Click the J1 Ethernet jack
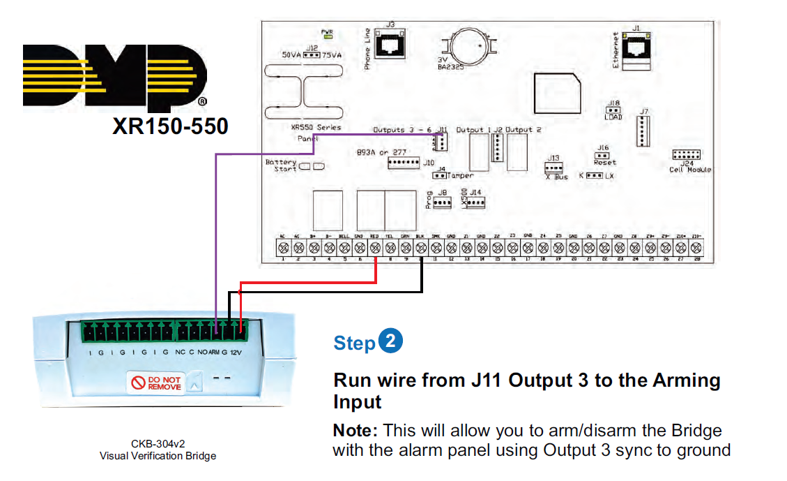pyautogui.click(x=635, y=49)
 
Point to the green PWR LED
pyautogui.click(x=327, y=38)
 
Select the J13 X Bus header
pyautogui.click(x=554, y=168)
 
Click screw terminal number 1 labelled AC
pyautogui.click(x=283, y=248)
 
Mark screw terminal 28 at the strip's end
pyautogui.click(x=696, y=248)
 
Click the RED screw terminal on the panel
pyautogui.click(x=375, y=248)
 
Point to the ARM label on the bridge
pyautogui.click(x=213, y=352)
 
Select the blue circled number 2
pyautogui.click(x=390, y=341)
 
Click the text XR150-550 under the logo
pyautogui.click(x=170, y=126)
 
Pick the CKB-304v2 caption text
pyautogui.click(x=158, y=443)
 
